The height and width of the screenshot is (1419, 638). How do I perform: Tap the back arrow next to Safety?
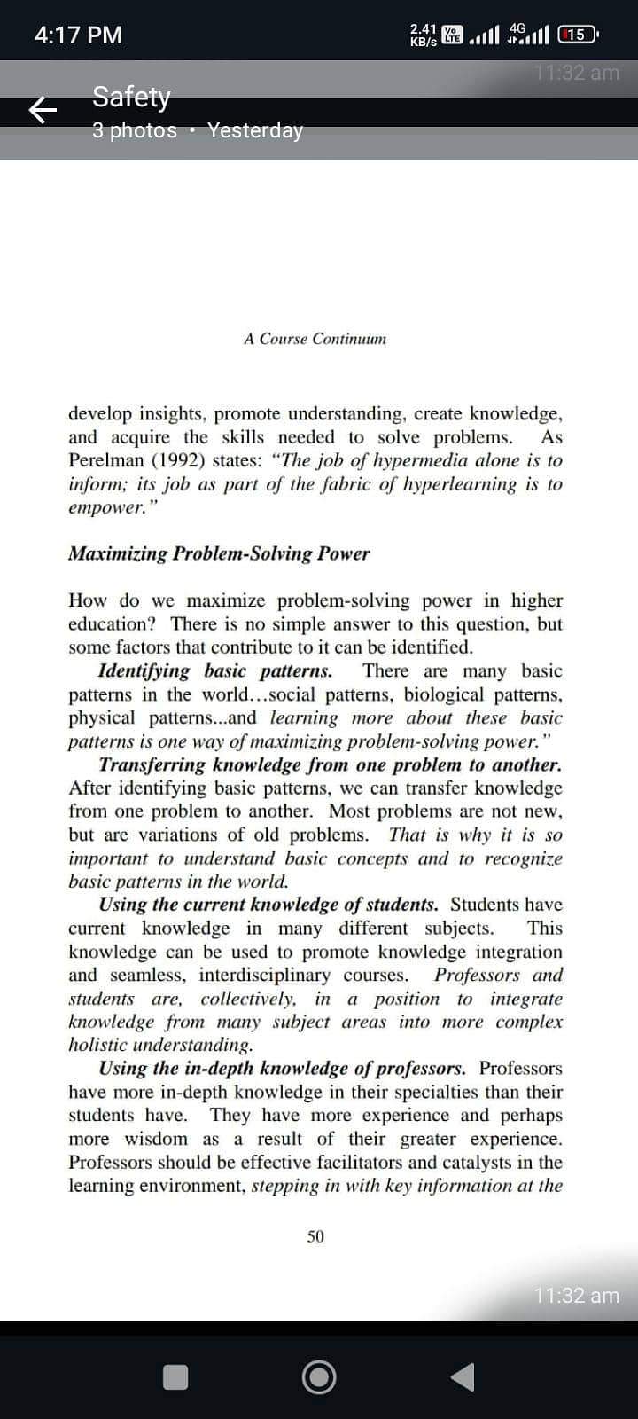point(43,110)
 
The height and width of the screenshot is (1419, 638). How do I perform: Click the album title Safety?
point(131,96)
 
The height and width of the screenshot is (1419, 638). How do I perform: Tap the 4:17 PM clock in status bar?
point(78,35)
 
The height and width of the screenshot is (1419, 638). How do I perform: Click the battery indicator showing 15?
point(578,35)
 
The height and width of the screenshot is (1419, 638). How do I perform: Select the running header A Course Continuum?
point(315,339)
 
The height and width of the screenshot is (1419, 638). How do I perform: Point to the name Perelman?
point(102,461)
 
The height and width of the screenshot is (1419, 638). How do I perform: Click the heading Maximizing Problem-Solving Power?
point(219,553)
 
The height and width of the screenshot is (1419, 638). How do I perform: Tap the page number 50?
point(315,1236)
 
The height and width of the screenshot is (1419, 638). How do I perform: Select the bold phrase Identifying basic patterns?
point(215,671)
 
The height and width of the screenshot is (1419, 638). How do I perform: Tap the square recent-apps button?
point(175,1376)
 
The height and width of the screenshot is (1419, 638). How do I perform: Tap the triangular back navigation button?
point(463,1376)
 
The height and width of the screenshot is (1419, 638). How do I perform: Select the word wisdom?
point(156,1139)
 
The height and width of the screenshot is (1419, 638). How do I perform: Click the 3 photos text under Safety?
point(135,130)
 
